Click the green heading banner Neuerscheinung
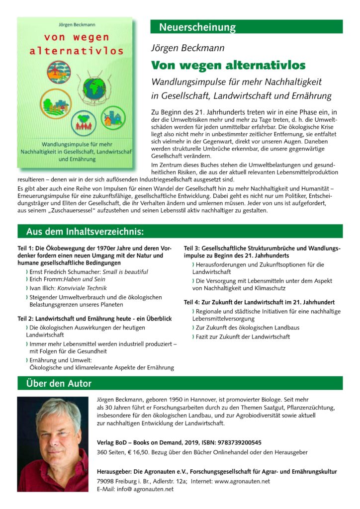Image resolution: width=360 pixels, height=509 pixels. coord(197,27)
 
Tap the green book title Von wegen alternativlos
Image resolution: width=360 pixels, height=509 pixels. coord(228,66)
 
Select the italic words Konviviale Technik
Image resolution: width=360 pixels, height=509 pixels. coord(88,289)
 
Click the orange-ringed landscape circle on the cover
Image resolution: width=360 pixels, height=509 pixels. coord(56,104)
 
